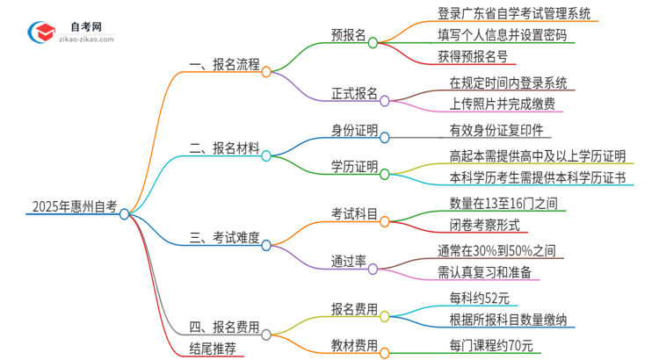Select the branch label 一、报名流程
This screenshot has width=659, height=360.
click(226, 65)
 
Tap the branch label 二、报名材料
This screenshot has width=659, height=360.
click(226, 150)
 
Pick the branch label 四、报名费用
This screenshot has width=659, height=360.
click(226, 328)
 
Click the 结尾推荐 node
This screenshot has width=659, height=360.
click(214, 349)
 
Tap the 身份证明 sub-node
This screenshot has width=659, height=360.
click(355, 132)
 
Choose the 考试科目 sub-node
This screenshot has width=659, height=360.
click(355, 214)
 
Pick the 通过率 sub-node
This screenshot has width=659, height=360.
click(349, 261)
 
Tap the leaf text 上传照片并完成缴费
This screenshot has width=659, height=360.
click(503, 104)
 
